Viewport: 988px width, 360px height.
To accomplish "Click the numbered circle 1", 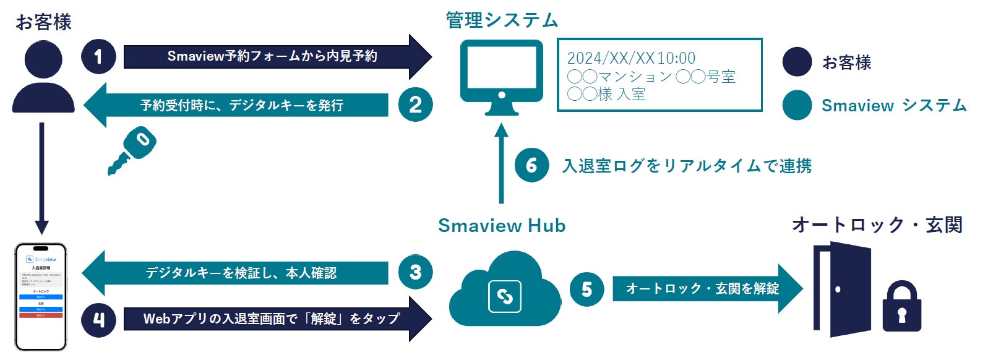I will (x=98, y=57).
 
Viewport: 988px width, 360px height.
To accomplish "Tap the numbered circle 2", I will (x=415, y=104).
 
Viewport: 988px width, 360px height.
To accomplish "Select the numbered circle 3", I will (x=415, y=272).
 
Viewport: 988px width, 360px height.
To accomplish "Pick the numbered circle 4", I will (x=98, y=319).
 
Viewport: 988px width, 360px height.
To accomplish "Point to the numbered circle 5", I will (x=586, y=289).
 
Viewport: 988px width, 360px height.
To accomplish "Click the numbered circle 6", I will (x=531, y=165).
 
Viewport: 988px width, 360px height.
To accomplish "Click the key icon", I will (x=132, y=150).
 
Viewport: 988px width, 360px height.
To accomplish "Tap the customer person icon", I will (x=43, y=77).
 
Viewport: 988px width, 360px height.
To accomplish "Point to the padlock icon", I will (x=901, y=307).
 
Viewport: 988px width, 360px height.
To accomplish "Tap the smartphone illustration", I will (x=41, y=297).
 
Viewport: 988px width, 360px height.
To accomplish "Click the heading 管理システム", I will (x=502, y=20).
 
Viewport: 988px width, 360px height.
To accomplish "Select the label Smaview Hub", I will (x=502, y=226).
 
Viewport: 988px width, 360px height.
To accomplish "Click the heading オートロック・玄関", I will (x=877, y=225).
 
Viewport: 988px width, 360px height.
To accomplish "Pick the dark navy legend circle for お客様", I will (x=797, y=62).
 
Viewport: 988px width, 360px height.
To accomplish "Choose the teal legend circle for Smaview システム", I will (x=797, y=105).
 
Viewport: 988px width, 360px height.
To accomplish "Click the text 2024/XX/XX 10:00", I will (x=631, y=58).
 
